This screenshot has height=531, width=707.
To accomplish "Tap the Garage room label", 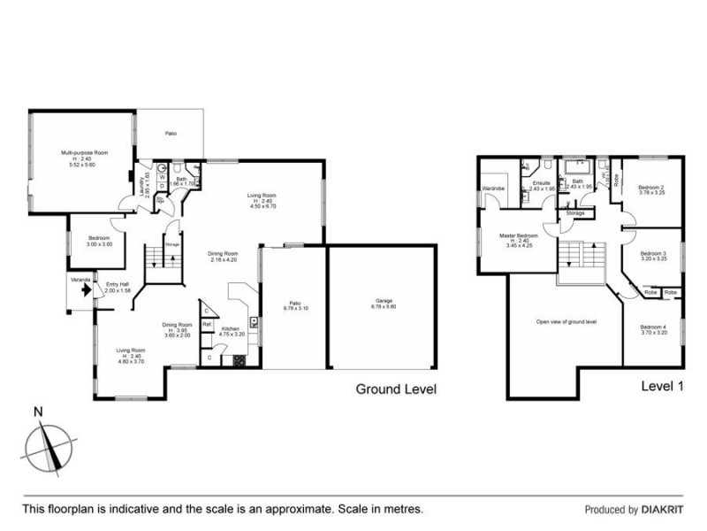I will click(x=384, y=304).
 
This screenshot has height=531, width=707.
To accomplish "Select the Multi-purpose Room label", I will click(x=78, y=157).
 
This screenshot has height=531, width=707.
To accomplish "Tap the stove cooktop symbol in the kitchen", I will click(x=239, y=359).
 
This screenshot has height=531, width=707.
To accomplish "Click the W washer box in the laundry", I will click(x=162, y=176).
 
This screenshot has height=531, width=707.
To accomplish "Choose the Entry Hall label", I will click(x=118, y=287).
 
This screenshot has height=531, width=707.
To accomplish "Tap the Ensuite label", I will click(x=541, y=184).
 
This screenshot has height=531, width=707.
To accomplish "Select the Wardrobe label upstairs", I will click(x=492, y=189).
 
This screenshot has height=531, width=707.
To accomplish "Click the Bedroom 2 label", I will click(x=650, y=189).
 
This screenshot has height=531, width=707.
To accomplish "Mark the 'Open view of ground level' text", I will click(x=566, y=321).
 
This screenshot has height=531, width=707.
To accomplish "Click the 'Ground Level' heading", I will click(x=395, y=389).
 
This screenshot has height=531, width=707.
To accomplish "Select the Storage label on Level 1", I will click(x=575, y=213).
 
